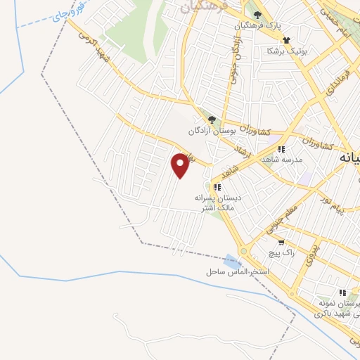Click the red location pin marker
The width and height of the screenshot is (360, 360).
(181, 165)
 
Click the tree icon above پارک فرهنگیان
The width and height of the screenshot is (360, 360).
(258, 15)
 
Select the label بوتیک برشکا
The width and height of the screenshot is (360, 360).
(281, 51)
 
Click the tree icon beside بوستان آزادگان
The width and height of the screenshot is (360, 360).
(212, 120)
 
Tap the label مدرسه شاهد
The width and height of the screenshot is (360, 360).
(281, 160)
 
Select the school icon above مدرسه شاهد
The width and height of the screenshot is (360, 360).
(281, 149)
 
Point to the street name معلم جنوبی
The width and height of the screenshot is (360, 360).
(282, 219)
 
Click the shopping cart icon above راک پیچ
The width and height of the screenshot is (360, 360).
(281, 241)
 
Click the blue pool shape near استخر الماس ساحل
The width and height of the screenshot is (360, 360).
(233, 261)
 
